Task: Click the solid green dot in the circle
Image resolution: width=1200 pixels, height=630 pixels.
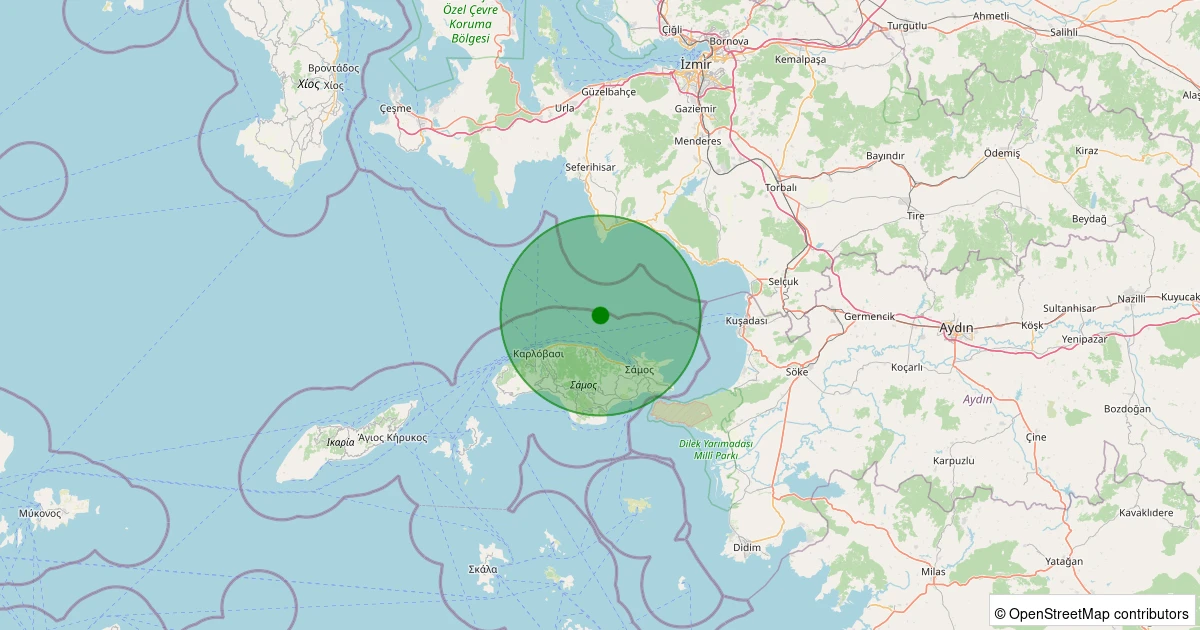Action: click(x=600, y=315)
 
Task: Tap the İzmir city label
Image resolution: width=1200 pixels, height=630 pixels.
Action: click(x=695, y=64)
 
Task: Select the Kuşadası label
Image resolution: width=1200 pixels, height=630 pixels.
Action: click(x=746, y=321)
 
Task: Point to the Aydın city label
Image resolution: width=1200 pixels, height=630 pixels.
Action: click(x=957, y=327)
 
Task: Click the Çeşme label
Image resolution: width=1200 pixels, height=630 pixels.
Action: click(x=396, y=108)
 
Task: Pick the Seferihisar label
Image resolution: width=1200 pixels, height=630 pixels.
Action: click(x=590, y=167)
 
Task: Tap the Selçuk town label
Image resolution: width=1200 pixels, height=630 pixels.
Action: click(x=783, y=282)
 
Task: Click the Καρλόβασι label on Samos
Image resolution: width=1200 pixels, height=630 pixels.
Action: click(x=538, y=354)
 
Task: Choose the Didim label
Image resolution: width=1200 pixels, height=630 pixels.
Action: click(x=747, y=547)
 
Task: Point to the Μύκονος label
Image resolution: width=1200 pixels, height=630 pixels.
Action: click(x=40, y=513)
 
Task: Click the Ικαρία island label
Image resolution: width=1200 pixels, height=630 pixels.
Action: click(x=340, y=442)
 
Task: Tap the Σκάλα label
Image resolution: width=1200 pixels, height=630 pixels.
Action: click(x=483, y=569)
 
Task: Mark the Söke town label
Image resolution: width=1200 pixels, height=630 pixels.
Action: click(x=797, y=371)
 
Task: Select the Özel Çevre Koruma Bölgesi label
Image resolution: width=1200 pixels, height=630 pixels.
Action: click(x=471, y=24)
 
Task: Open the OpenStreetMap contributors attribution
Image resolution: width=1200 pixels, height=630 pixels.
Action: click(x=1092, y=613)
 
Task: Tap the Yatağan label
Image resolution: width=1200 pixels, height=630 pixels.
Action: click(x=1063, y=561)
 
